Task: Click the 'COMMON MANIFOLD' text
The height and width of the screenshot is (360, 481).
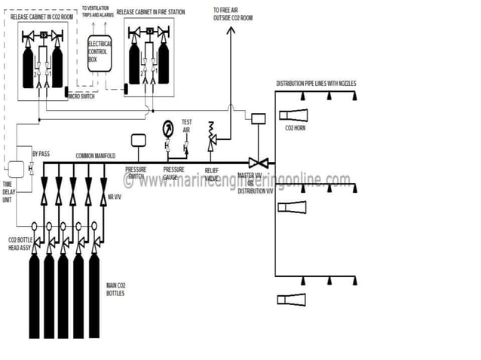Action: click(x=95, y=156)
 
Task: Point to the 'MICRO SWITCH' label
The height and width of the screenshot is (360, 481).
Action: click(x=82, y=96)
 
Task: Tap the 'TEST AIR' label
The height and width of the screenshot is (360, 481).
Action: click(x=186, y=125)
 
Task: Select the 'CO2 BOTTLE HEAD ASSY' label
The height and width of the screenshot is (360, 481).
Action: click(x=20, y=244)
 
